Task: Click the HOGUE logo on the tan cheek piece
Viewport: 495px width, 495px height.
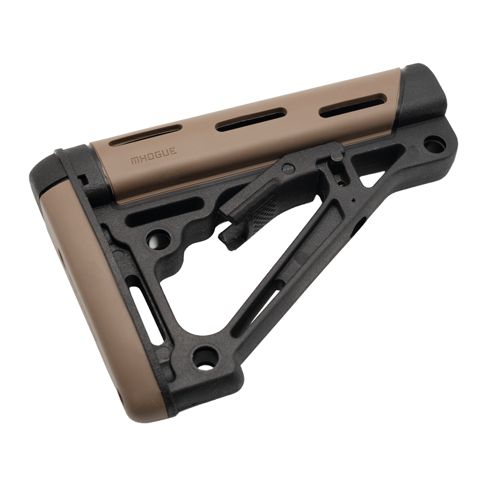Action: tap(154, 156)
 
